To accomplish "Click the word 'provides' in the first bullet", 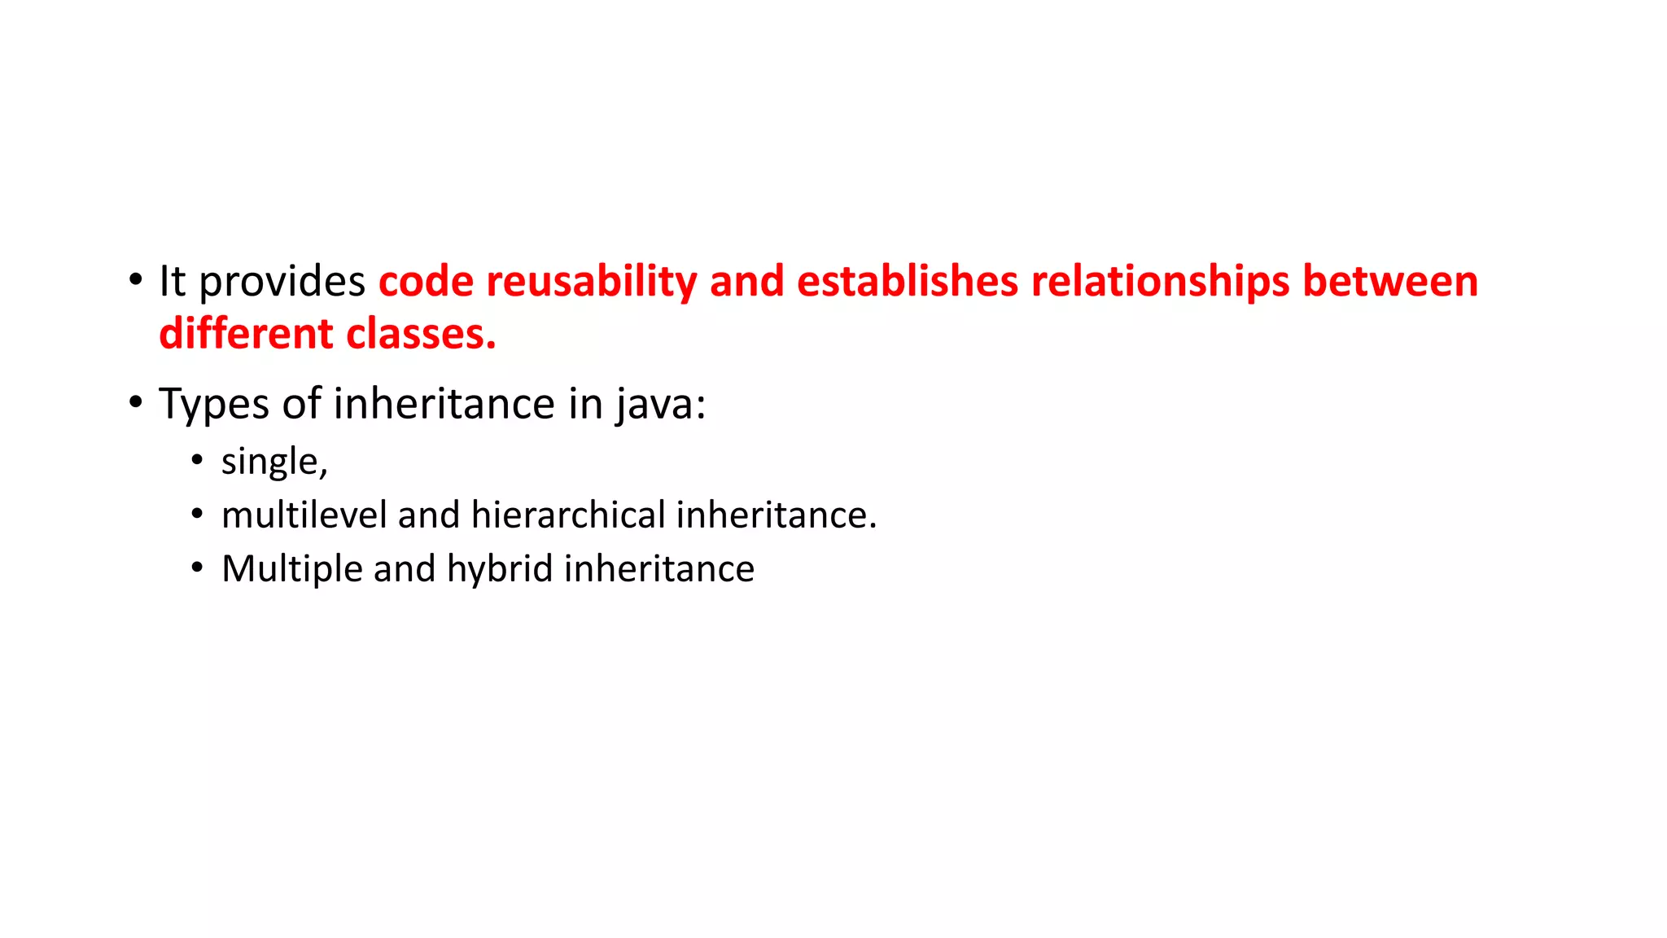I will [282, 283].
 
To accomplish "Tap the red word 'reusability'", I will [591, 283].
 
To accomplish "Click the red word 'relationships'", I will [1160, 283].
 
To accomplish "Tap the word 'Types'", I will [214, 405].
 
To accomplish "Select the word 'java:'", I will [660, 405].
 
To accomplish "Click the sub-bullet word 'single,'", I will [274, 462].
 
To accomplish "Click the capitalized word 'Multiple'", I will [291, 569].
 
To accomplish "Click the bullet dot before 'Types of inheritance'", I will [135, 402].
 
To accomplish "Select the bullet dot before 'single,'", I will [197, 461].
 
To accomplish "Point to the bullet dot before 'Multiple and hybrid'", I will [197, 568].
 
